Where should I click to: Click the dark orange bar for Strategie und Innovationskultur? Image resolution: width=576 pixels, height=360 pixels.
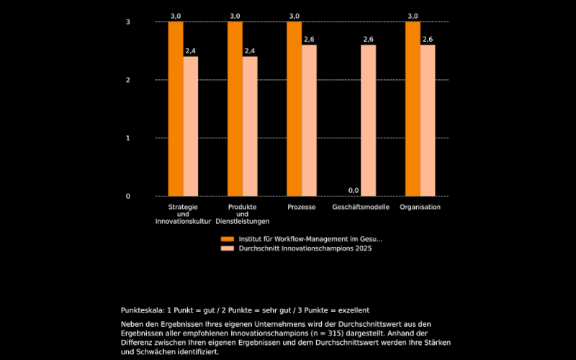click(x=176, y=109)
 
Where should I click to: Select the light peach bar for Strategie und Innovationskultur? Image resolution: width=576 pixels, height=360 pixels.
click(x=191, y=126)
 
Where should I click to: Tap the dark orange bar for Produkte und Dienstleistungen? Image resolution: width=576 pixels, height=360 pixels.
click(x=235, y=109)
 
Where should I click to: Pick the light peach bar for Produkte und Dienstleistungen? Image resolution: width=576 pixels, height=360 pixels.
click(x=250, y=126)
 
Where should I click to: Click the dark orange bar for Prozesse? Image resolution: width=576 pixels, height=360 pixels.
click(x=294, y=109)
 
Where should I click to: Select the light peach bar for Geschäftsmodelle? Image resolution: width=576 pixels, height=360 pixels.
click(x=368, y=120)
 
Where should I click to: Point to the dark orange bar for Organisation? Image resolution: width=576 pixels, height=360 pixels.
click(x=413, y=109)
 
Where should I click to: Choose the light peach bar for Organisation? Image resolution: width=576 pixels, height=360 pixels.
click(x=428, y=120)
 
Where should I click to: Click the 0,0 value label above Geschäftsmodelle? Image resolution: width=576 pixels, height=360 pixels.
click(x=354, y=190)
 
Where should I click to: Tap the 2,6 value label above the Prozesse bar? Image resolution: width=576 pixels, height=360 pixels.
click(x=309, y=39)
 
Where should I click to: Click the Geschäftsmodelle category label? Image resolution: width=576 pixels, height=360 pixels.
click(x=361, y=207)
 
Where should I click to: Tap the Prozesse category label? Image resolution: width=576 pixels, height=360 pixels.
click(x=301, y=207)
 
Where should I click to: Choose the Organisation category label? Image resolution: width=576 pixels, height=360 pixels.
click(x=420, y=207)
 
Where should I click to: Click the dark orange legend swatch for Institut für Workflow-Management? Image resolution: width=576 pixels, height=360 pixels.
click(x=228, y=238)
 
